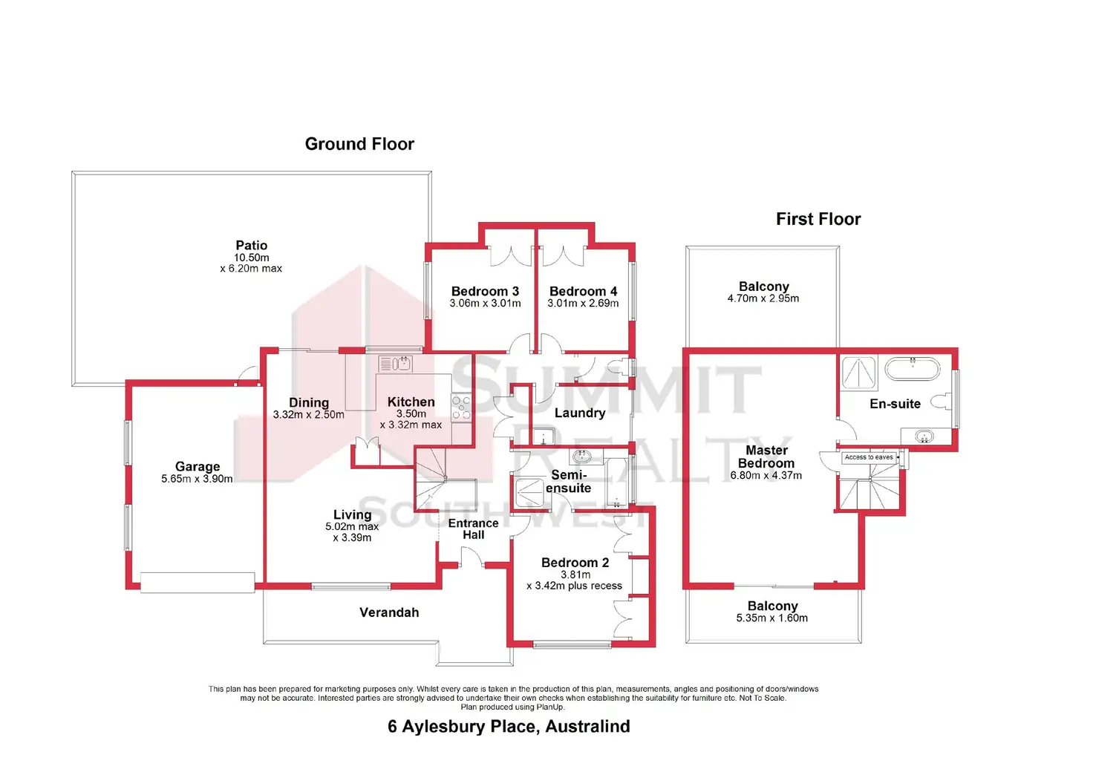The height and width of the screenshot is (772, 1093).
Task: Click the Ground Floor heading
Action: pos(359,144)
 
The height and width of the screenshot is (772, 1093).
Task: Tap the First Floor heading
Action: pos(818,219)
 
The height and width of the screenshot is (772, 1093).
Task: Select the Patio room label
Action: pos(252,246)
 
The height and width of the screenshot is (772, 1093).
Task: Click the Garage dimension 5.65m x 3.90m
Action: pos(197,479)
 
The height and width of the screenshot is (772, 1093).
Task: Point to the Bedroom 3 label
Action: pos(485,291)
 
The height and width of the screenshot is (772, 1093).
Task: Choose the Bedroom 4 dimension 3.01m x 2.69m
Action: pos(583,303)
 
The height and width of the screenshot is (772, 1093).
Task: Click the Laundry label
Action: pos(580,413)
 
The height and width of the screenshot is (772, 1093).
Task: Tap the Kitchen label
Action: pos(411,402)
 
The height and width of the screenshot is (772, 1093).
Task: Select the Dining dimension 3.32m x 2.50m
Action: pos(308,414)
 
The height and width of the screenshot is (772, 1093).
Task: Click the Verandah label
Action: pos(389,612)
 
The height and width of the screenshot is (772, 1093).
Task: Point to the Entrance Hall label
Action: pos(473,529)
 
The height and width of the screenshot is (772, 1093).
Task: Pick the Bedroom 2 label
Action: pos(575,563)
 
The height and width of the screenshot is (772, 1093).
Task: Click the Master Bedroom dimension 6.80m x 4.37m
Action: pos(766,475)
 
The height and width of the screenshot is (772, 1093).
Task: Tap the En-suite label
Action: pos(895,404)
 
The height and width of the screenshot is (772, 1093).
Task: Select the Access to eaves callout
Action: pos(869,457)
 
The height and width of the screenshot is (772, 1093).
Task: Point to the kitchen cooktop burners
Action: pos(461,408)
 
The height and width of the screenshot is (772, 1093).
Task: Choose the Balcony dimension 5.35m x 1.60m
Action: pos(771,618)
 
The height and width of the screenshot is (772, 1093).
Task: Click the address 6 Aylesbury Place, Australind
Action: pos(509,726)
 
